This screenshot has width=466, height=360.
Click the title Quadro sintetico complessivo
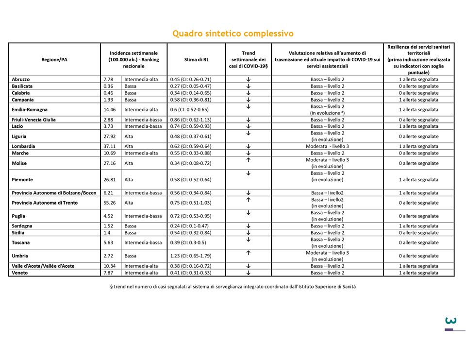[233, 34]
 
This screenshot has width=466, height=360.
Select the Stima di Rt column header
[196, 59]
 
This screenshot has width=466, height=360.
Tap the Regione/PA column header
[54, 59]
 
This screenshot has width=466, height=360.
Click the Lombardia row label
[23, 146]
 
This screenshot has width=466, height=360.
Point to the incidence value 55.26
[109, 203]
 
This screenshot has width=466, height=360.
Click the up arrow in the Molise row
[248, 160]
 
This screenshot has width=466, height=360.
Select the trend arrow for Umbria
[248, 253]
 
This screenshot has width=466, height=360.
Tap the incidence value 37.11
[109, 146]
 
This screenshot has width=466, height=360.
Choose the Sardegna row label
[23, 226]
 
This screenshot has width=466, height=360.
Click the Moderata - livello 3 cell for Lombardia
[327, 146]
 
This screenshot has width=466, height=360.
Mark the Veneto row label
[20, 273]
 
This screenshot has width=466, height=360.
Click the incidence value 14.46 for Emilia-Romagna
[109, 109]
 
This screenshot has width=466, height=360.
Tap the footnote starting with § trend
[233, 287]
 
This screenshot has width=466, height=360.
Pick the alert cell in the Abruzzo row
[418, 79]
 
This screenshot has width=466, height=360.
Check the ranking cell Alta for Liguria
[129, 137]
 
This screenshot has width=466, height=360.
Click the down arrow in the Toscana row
[248, 240]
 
